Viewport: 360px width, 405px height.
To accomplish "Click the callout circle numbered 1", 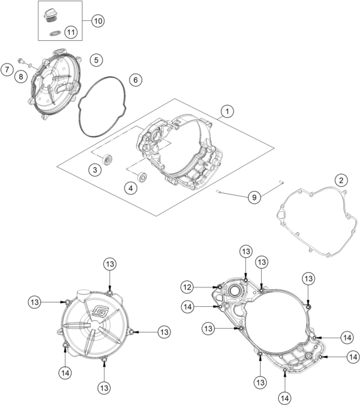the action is (227, 111).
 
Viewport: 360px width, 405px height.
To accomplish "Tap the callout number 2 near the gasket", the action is (341, 180).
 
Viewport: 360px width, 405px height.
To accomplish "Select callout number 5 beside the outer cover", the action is (96, 60).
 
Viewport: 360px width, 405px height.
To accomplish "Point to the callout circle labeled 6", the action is (136, 80).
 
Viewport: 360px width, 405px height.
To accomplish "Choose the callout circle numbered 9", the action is (254, 197).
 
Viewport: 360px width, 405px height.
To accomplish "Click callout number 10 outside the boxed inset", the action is (98, 21).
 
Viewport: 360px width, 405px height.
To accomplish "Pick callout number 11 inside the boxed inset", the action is (71, 32).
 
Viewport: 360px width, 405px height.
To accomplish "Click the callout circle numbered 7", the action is (7, 69).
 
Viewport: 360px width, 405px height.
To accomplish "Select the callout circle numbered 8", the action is (21, 77).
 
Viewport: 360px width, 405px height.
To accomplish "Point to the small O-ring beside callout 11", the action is (55, 33).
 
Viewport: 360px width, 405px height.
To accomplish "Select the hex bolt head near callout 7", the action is (20, 61).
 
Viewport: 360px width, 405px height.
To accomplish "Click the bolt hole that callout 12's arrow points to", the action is (220, 287).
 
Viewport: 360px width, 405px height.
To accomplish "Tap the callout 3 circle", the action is (95, 170).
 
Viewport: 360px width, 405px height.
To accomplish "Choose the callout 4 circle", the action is (131, 188).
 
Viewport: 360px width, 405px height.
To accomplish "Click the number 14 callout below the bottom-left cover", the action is (65, 373).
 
